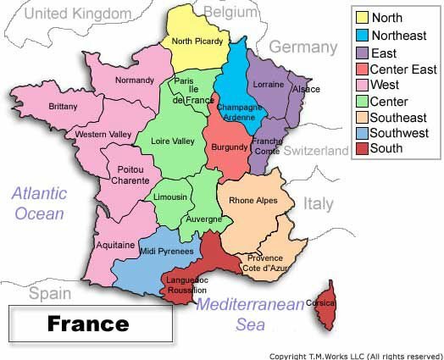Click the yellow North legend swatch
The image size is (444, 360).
tap(361, 17)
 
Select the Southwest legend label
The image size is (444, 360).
tap(399, 133)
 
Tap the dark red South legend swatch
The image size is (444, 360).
tap(361, 148)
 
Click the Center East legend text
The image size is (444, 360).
tap(403, 69)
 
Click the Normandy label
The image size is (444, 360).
tap(134, 80)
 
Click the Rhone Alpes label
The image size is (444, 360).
tap(253, 201)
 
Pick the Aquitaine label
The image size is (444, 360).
tap(117, 245)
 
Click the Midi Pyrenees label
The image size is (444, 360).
tap(165, 251)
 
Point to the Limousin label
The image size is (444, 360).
tap(170, 197)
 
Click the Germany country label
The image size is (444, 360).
tap(302, 47)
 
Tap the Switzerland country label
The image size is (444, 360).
tap(315, 151)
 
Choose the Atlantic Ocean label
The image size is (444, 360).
tap(39, 203)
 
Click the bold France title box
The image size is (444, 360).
tap(88, 323)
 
